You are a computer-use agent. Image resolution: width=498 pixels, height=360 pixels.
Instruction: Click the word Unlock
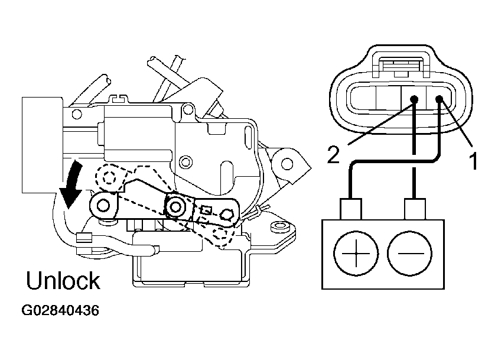pyautogui.click(x=63, y=280)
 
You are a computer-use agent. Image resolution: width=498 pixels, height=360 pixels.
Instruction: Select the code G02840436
pyautogui.click(x=60, y=310)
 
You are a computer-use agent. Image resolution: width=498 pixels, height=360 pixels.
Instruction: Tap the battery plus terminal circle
pyautogui.click(x=356, y=253)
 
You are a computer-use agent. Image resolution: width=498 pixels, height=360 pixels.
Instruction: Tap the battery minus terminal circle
pyautogui.click(x=410, y=253)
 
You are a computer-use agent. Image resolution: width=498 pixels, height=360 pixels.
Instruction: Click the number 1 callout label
pyautogui.click(x=473, y=161)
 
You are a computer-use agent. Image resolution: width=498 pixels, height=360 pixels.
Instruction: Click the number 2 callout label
pyautogui.click(x=334, y=155)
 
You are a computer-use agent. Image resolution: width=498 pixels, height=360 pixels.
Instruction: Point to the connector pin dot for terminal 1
pyautogui.click(x=440, y=99)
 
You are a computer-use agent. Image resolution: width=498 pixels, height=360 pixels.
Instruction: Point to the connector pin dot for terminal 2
pyautogui.click(x=414, y=99)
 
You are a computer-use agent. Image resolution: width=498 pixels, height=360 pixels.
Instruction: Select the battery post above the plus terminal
pyautogui.click(x=351, y=209)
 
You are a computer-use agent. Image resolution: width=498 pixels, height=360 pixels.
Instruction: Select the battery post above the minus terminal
pyautogui.click(x=415, y=209)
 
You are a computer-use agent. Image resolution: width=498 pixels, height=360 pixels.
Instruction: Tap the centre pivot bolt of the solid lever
pyautogui.click(x=175, y=207)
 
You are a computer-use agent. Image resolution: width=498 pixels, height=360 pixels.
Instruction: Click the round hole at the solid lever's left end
pyautogui.click(x=103, y=205)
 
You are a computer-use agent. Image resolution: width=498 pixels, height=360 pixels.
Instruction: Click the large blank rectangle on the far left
pyautogui.click(x=43, y=145)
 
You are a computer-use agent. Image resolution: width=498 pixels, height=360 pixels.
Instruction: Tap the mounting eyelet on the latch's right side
pyautogui.click(x=287, y=164)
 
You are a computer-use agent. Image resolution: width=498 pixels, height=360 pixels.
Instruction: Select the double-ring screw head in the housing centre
pyautogui.click(x=185, y=162)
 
